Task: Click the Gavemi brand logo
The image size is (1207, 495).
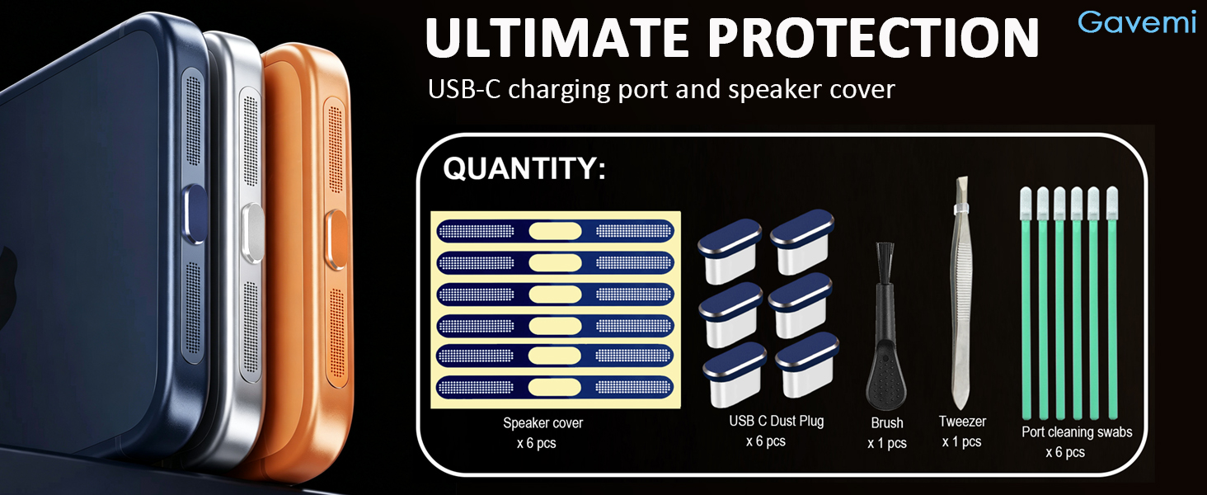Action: (x=1137, y=22)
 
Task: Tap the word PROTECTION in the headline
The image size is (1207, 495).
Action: (x=873, y=37)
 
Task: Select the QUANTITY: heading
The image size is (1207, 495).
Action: (x=524, y=168)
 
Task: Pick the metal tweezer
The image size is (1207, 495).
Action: (x=962, y=293)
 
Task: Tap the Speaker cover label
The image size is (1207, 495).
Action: (x=542, y=422)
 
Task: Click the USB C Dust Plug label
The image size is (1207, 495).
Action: (x=776, y=421)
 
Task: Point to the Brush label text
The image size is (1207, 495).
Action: (x=887, y=422)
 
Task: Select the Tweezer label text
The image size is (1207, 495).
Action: (x=962, y=421)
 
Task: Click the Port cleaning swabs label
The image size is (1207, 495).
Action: (x=1077, y=432)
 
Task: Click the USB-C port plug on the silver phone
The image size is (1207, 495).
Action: (x=253, y=233)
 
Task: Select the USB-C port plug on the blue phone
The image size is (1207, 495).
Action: (x=195, y=214)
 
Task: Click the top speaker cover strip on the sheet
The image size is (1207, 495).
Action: (x=556, y=231)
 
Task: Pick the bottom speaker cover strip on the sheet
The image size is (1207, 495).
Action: (x=555, y=387)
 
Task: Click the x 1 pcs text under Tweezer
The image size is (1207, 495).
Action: (x=962, y=441)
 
